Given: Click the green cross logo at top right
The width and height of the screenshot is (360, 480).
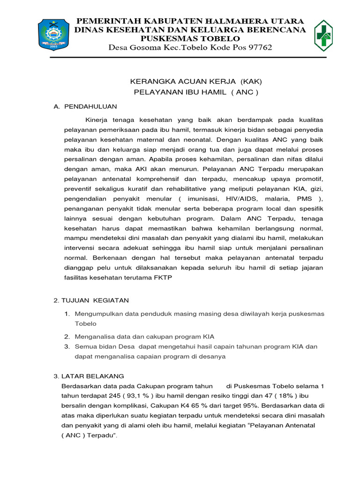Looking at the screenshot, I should click(x=323, y=35).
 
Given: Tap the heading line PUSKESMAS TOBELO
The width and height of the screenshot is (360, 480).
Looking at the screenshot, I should click(x=190, y=38).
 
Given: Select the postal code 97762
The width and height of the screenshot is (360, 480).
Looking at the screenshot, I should click(x=257, y=48).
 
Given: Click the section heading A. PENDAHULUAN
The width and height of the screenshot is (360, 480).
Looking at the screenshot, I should click(x=85, y=106).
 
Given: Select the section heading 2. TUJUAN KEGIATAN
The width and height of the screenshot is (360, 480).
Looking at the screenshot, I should click(x=91, y=300).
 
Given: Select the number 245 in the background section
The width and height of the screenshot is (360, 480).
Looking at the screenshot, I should click(x=118, y=396).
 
